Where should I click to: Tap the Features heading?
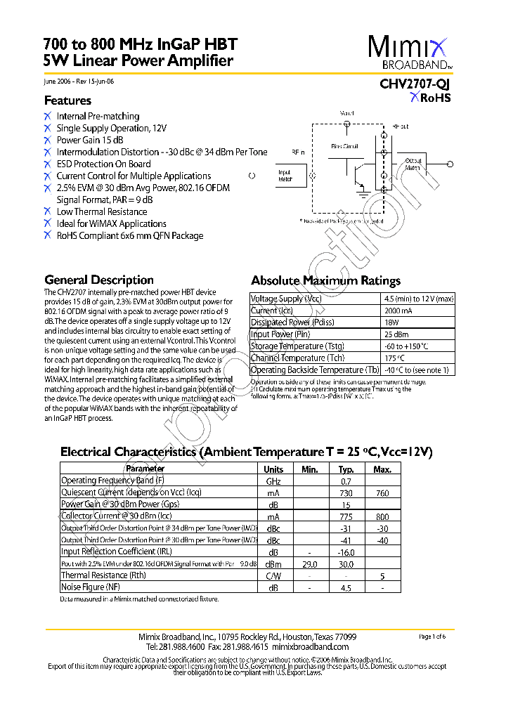pyautogui.click(x=67, y=100)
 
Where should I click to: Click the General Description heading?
pyautogui.click(x=99, y=280)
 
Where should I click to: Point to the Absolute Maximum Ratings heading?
pyautogui.click(x=326, y=280)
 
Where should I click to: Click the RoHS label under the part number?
pyautogui.click(x=435, y=98)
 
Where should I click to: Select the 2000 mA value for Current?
pyautogui.click(x=398, y=311)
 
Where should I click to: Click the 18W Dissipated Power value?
pyautogui.click(x=391, y=322)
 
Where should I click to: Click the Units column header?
pyautogui.click(x=273, y=469)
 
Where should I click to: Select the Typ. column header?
pyautogui.click(x=346, y=469)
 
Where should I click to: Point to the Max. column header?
pyautogui.click(x=382, y=469)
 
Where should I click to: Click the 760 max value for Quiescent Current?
pyautogui.click(x=382, y=493)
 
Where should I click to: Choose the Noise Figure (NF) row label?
pyautogui.click(x=91, y=587)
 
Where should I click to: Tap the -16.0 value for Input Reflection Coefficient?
pyautogui.click(x=346, y=552)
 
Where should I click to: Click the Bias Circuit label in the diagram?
pyautogui.click(x=345, y=146)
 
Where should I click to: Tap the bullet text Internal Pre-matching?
pyautogui.click(x=98, y=116)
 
